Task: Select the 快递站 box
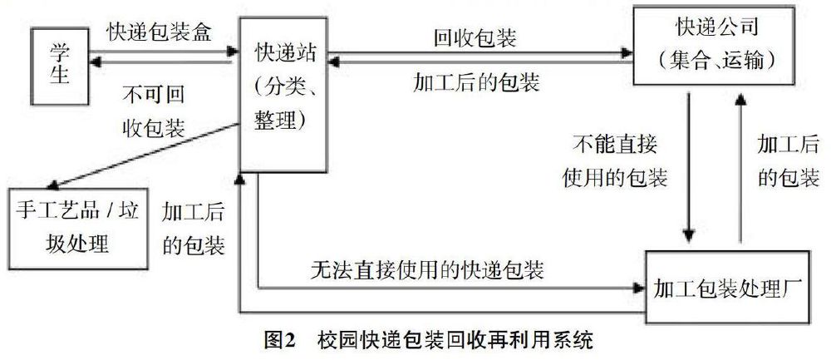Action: pos(283,95)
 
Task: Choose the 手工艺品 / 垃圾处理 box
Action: pos(77,228)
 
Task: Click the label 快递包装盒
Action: pos(159,33)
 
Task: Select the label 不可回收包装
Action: pos(154,111)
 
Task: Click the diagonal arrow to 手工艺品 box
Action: pos(144,155)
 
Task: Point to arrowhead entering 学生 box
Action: pos(96,62)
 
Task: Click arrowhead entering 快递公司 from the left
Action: pos(627,52)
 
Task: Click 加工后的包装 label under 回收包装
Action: pos(476,83)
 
